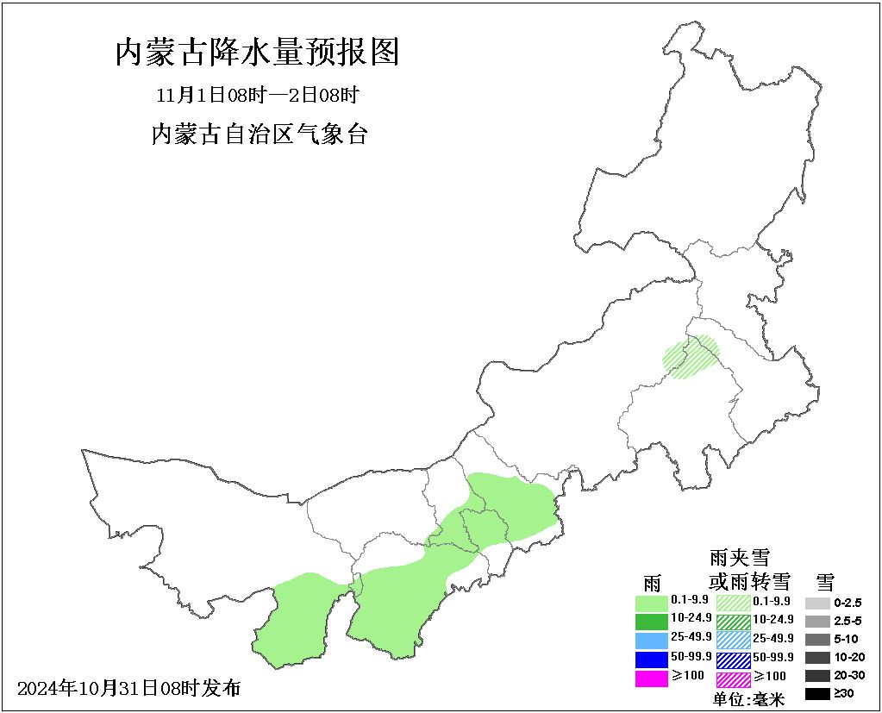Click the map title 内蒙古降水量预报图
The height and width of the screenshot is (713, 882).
coord(257,53)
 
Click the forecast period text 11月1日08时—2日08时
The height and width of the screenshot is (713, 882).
coord(256,95)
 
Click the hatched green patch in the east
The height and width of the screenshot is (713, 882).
coord(691,357)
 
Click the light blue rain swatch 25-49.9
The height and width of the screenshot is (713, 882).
coord(651,640)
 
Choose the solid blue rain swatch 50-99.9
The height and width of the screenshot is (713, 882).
coord(651,660)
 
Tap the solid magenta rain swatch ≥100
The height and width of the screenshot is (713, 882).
coord(651,679)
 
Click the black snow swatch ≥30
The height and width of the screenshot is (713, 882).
coord(817,693)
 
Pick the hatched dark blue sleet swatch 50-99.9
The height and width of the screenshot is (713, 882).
coord(733,660)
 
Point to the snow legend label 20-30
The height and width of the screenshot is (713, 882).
coord(848,675)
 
